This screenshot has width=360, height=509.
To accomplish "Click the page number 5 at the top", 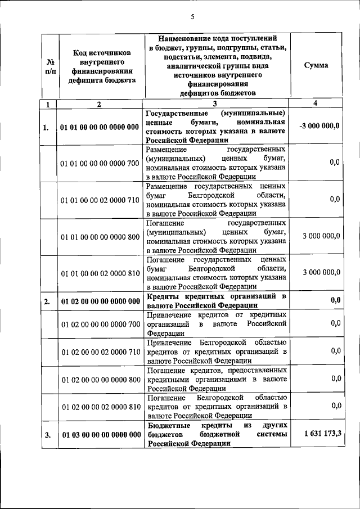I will point(192,16).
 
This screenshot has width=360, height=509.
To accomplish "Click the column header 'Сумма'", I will point(316,65).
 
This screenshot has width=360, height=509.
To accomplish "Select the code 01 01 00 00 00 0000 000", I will point(100,127).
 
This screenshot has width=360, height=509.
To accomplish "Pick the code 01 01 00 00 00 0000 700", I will point(100,163).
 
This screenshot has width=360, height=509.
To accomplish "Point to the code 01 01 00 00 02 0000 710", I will point(100,200).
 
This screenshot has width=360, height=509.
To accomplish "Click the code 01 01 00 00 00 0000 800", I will point(100,236).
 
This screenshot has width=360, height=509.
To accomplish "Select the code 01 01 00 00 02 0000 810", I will point(100,273).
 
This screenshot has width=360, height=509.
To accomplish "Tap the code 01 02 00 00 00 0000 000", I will point(100,301).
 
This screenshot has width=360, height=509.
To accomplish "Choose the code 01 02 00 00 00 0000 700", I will point(100,325).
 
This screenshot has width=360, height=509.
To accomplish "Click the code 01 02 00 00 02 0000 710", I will point(100,352).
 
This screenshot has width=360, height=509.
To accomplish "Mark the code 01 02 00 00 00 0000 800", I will point(100,380).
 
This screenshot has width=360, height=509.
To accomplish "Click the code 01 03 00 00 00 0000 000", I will point(100,435).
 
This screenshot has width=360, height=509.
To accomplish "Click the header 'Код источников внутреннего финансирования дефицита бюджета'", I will point(100,66).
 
